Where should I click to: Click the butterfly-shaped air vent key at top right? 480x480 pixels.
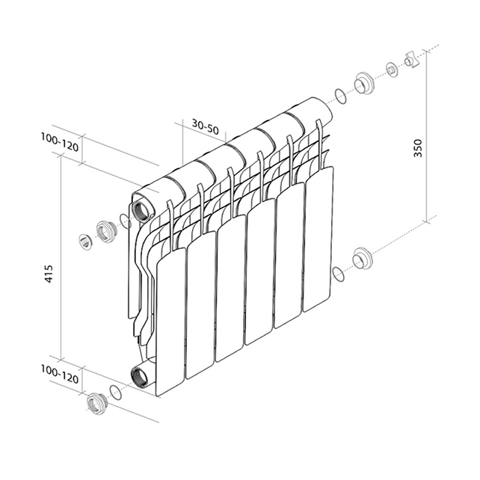[x=410, y=60]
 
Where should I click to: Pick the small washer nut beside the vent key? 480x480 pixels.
[x=392, y=70]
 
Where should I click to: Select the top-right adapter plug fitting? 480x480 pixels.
[x=365, y=82]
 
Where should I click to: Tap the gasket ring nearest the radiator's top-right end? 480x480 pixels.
[x=340, y=96]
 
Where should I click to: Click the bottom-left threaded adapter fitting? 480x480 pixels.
[x=96, y=403]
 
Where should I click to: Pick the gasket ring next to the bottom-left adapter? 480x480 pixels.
[x=116, y=392]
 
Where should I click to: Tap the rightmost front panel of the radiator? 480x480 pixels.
[x=318, y=239]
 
